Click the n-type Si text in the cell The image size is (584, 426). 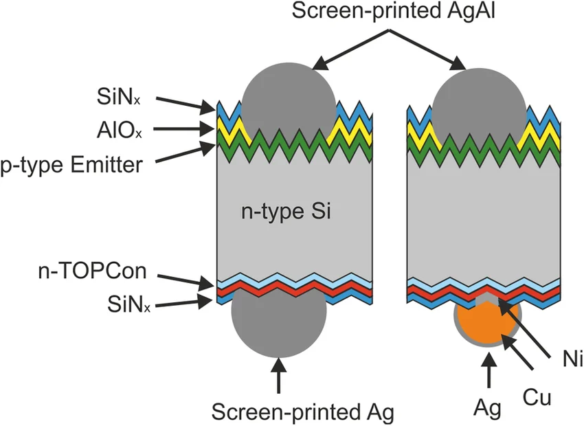click(286, 212)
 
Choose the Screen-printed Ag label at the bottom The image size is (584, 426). click(302, 412)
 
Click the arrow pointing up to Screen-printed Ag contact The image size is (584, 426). click(278, 374)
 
